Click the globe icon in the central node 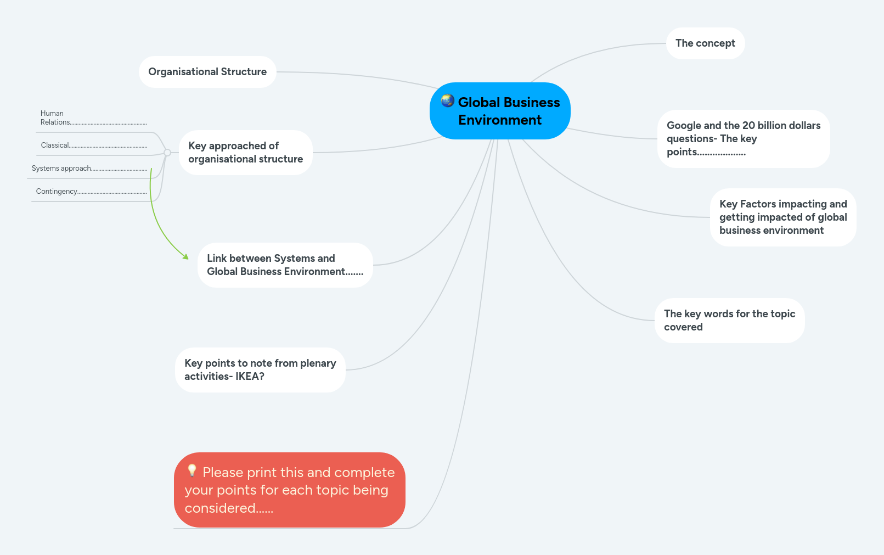(x=448, y=100)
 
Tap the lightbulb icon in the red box (x=192, y=470)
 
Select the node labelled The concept (x=705, y=43)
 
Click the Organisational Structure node (x=207, y=72)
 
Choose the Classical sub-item (x=55, y=145)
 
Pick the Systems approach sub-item (x=61, y=169)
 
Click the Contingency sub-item (x=57, y=192)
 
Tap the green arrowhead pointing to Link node (x=186, y=256)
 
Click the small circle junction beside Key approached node (x=167, y=153)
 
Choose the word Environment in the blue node (x=500, y=120)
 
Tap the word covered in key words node (x=683, y=327)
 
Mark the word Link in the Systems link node (x=217, y=259)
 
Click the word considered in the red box (x=220, y=508)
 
